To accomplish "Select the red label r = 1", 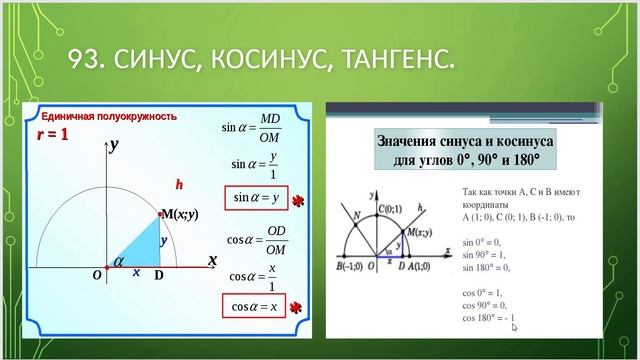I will pos(52,133).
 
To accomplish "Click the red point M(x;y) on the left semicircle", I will pos(160,214).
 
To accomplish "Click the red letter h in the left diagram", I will pos(180,184).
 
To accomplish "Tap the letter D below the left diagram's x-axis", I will pos(158,276).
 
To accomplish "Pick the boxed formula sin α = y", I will pos(254,198).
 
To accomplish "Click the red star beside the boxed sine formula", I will pos(297,203).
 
